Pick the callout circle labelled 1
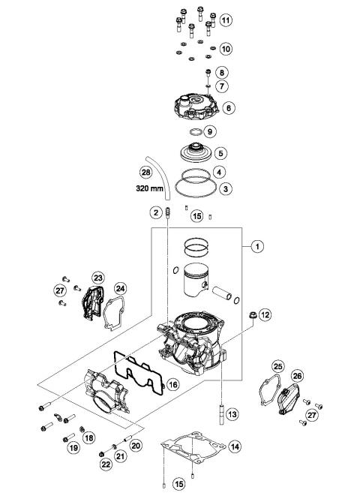256,246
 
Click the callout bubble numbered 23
97,278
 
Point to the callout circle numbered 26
296,377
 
